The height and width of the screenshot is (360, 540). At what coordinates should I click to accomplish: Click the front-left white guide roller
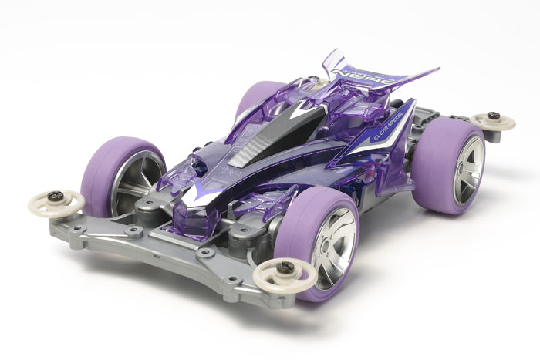[56, 203]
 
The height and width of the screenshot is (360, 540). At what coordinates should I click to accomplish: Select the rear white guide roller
[493, 120]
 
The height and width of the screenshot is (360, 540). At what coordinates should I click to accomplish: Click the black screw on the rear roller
[493, 116]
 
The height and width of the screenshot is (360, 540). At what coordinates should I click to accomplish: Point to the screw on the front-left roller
[56, 197]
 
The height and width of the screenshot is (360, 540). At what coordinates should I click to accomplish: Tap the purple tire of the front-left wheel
[108, 177]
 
